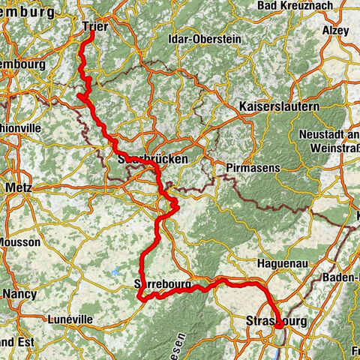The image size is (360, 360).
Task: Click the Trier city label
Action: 94,25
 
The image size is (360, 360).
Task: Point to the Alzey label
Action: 335,31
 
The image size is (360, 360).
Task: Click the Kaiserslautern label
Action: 279,107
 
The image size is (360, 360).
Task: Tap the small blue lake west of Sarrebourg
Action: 115,272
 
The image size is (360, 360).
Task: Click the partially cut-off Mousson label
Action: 14,244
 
